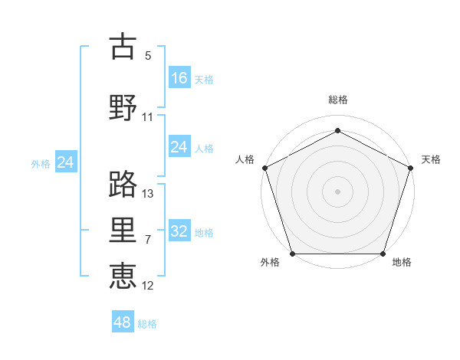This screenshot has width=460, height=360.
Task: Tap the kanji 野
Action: [x=123, y=106]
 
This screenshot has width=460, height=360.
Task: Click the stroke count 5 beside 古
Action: [x=148, y=56]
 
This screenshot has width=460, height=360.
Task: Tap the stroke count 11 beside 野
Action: [x=148, y=117]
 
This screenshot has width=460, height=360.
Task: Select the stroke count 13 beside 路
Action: [x=148, y=194]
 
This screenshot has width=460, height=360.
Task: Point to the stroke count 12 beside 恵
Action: [x=148, y=286]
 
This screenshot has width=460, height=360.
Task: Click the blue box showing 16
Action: [x=179, y=77]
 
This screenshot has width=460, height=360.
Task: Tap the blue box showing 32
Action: [x=179, y=231]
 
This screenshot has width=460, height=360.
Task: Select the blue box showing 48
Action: [x=123, y=322]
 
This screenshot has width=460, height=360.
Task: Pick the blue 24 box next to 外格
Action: [x=66, y=162]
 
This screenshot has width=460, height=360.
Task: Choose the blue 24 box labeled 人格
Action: [x=179, y=147]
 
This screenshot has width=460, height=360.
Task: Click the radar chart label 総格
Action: [x=338, y=100]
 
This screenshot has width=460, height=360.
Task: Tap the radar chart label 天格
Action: [x=431, y=159]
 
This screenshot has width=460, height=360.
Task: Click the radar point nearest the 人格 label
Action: [x=264, y=167]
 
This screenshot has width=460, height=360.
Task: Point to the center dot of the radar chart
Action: [x=338, y=191]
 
